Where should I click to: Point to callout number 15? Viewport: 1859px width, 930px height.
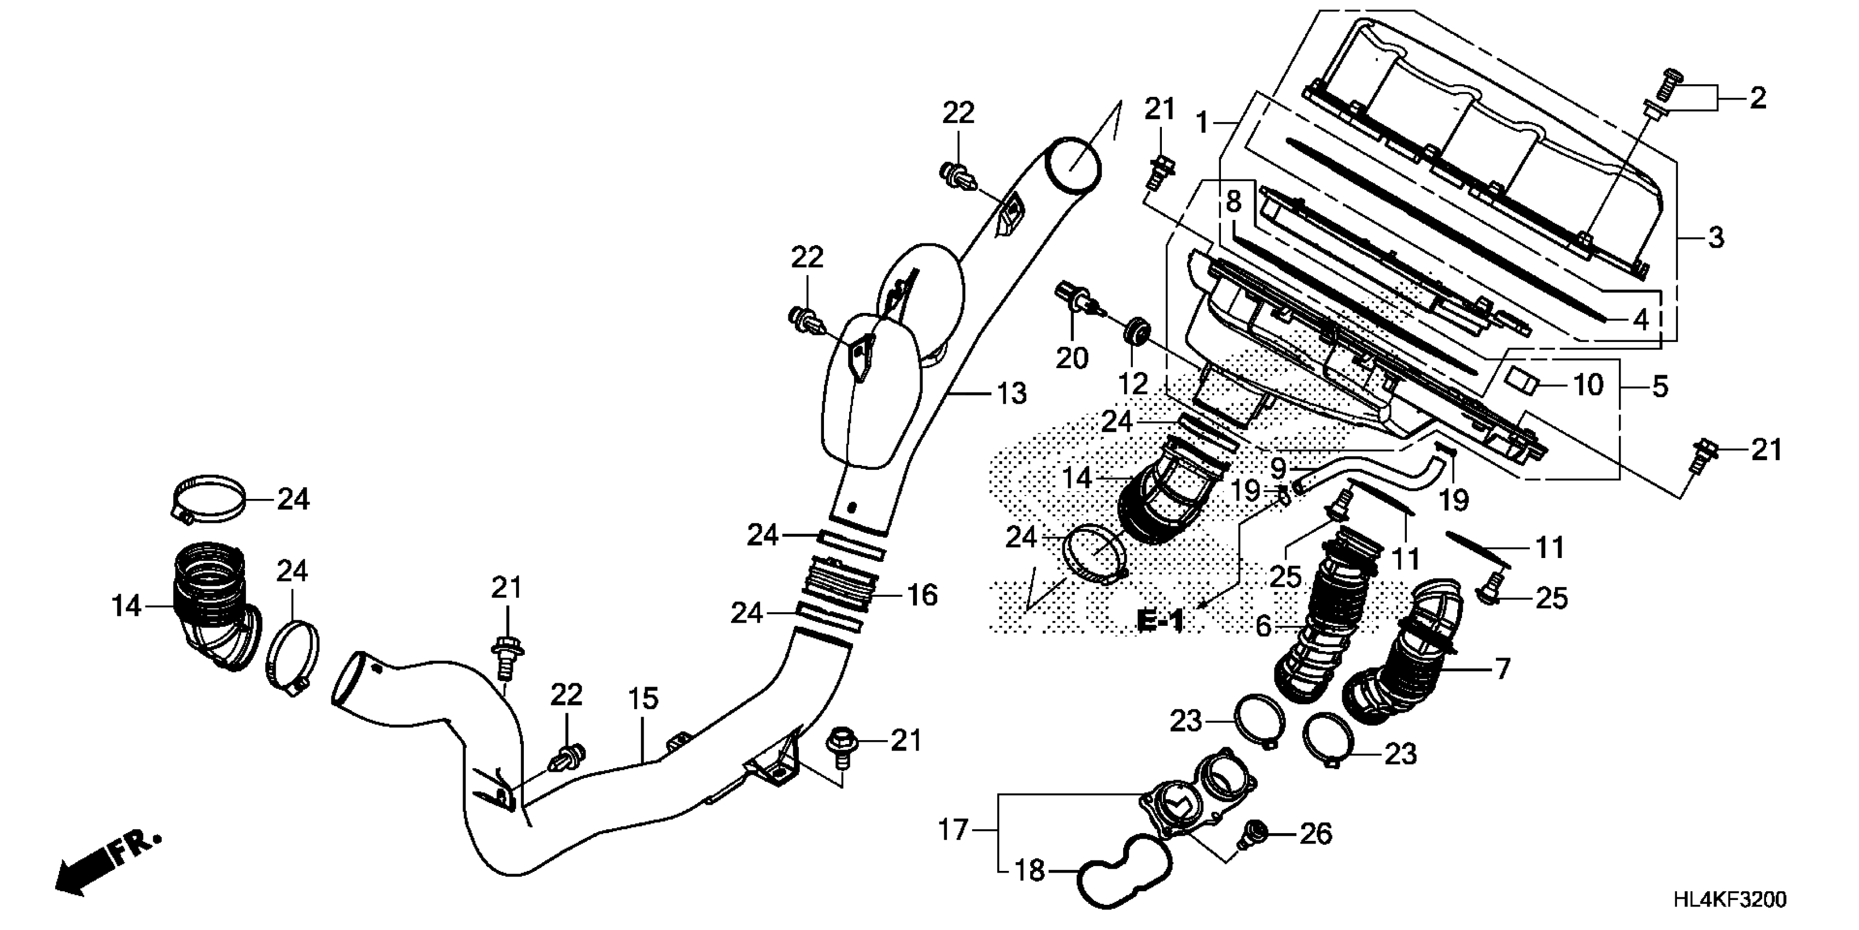tap(642, 699)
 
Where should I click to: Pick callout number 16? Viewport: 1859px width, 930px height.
tap(921, 596)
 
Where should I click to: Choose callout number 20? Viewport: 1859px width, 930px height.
tap(1071, 357)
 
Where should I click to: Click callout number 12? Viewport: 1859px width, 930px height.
tap(1132, 383)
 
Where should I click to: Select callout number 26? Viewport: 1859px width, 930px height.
tap(1315, 834)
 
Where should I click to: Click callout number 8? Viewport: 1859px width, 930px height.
tap(1234, 202)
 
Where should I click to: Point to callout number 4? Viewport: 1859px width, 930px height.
tap(1640, 319)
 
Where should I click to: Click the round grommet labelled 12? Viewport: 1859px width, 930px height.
tap(1135, 333)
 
